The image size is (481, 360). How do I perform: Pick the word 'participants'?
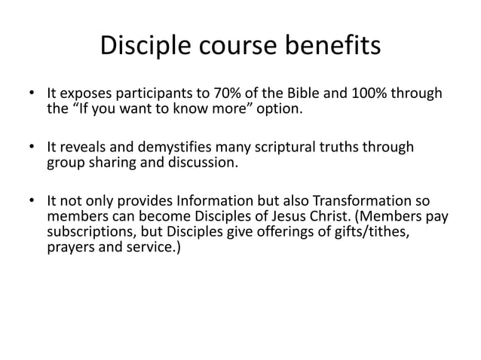coord(141,96)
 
